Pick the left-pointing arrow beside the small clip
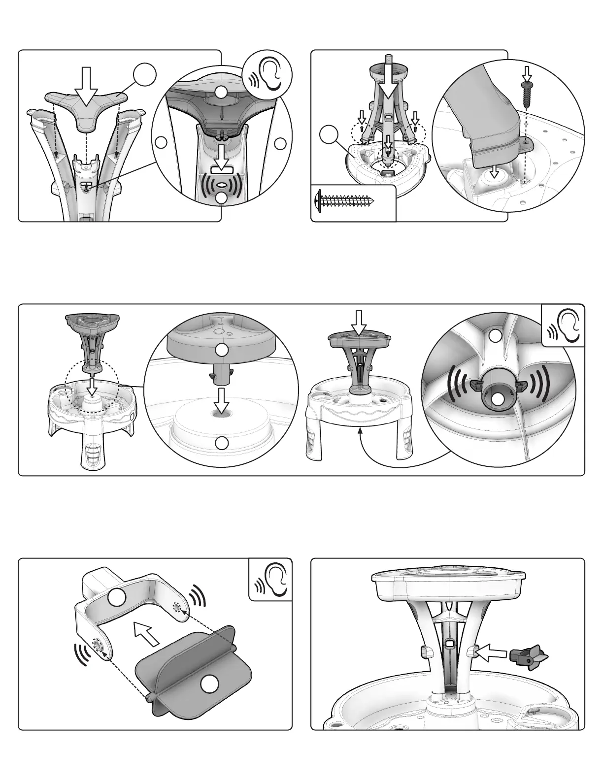click(x=493, y=652)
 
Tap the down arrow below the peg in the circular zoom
click(x=223, y=401)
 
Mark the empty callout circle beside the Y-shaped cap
click(x=145, y=76)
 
